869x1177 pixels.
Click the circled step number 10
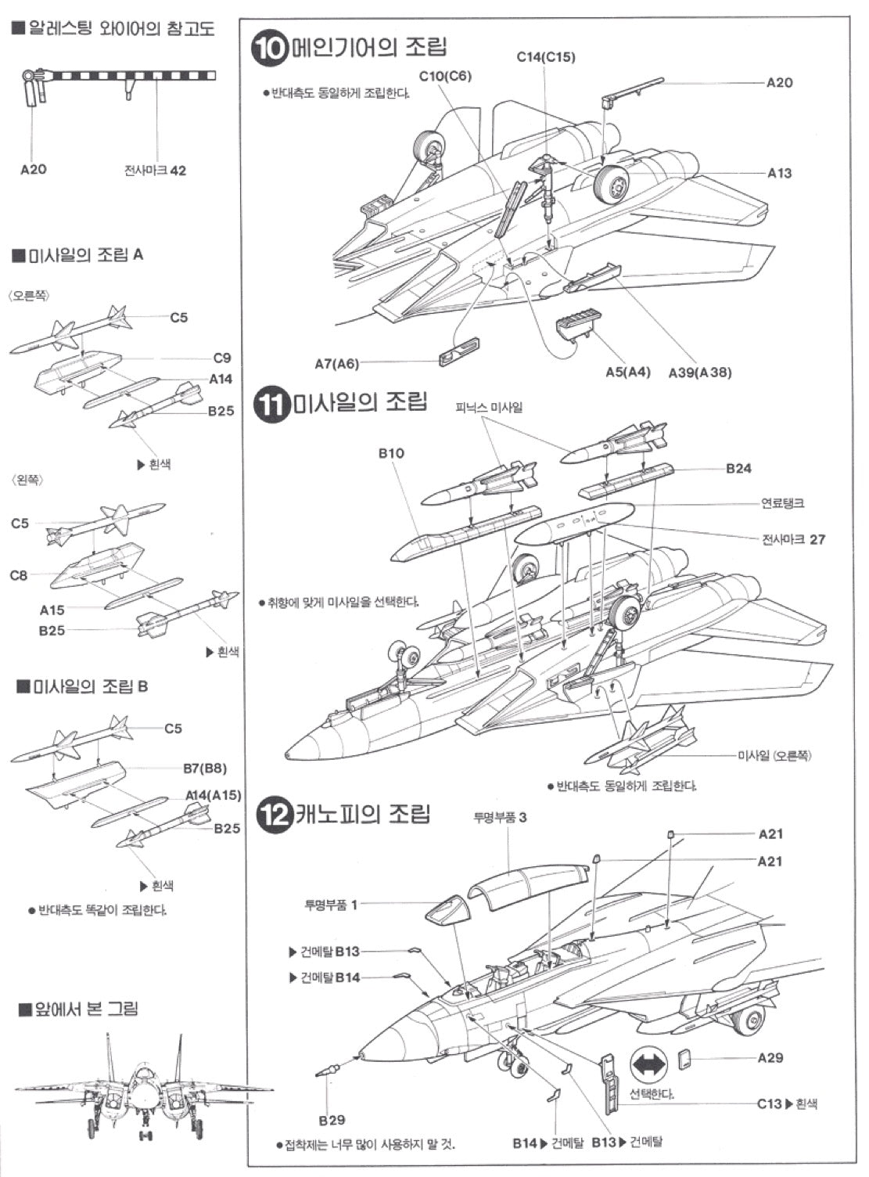270,48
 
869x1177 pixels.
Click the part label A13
779,173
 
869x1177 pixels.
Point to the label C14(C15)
546,57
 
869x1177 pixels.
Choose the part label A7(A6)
336,364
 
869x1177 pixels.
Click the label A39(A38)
700,373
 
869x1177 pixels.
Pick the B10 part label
391,453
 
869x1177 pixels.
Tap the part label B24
738,469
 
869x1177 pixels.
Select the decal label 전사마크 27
793,539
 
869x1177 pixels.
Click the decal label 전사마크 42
155,171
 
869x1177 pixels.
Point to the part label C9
222,358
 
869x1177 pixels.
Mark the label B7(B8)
204,768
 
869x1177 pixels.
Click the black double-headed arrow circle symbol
648,1065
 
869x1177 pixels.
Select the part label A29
770,1057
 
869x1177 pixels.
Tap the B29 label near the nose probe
332,1120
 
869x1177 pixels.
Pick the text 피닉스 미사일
490,408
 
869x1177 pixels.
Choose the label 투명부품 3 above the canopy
500,818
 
